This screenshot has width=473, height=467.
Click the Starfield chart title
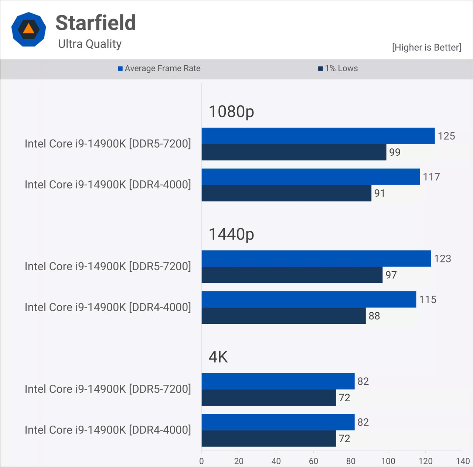[96, 23]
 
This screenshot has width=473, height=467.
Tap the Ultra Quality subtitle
[90, 44]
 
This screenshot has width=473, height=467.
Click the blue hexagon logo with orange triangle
[29, 29]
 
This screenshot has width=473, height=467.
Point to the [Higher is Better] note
[426, 47]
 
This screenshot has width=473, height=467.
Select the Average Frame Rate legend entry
[159, 68]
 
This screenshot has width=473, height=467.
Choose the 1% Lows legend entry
[338, 68]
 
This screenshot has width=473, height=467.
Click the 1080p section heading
[231, 111]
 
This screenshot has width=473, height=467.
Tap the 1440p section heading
[231, 234]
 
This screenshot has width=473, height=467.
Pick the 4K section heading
[218, 357]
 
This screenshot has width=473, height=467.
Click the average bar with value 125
[318, 136]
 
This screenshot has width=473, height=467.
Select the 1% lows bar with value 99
[294, 152]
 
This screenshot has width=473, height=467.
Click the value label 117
[431, 177]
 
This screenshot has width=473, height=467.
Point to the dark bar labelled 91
[286, 193]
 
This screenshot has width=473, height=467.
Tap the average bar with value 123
[316, 258]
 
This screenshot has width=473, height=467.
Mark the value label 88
[374, 316]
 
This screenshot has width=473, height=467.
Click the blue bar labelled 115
[309, 299]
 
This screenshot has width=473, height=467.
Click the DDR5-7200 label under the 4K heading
[108, 389]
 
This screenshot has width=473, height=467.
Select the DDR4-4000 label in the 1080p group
[108, 185]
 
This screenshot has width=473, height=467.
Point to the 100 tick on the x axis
[388, 461]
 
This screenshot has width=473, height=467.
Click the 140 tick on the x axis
[463, 461]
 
